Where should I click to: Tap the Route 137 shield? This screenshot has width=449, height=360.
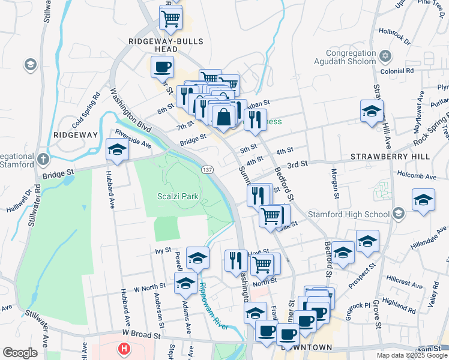205,170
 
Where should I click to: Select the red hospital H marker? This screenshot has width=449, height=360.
124,348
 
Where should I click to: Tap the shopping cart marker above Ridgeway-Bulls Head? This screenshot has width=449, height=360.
171,17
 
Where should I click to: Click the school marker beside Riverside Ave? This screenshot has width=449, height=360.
117,150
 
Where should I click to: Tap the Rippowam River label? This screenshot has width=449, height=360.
214,305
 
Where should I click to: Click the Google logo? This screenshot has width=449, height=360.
19,353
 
